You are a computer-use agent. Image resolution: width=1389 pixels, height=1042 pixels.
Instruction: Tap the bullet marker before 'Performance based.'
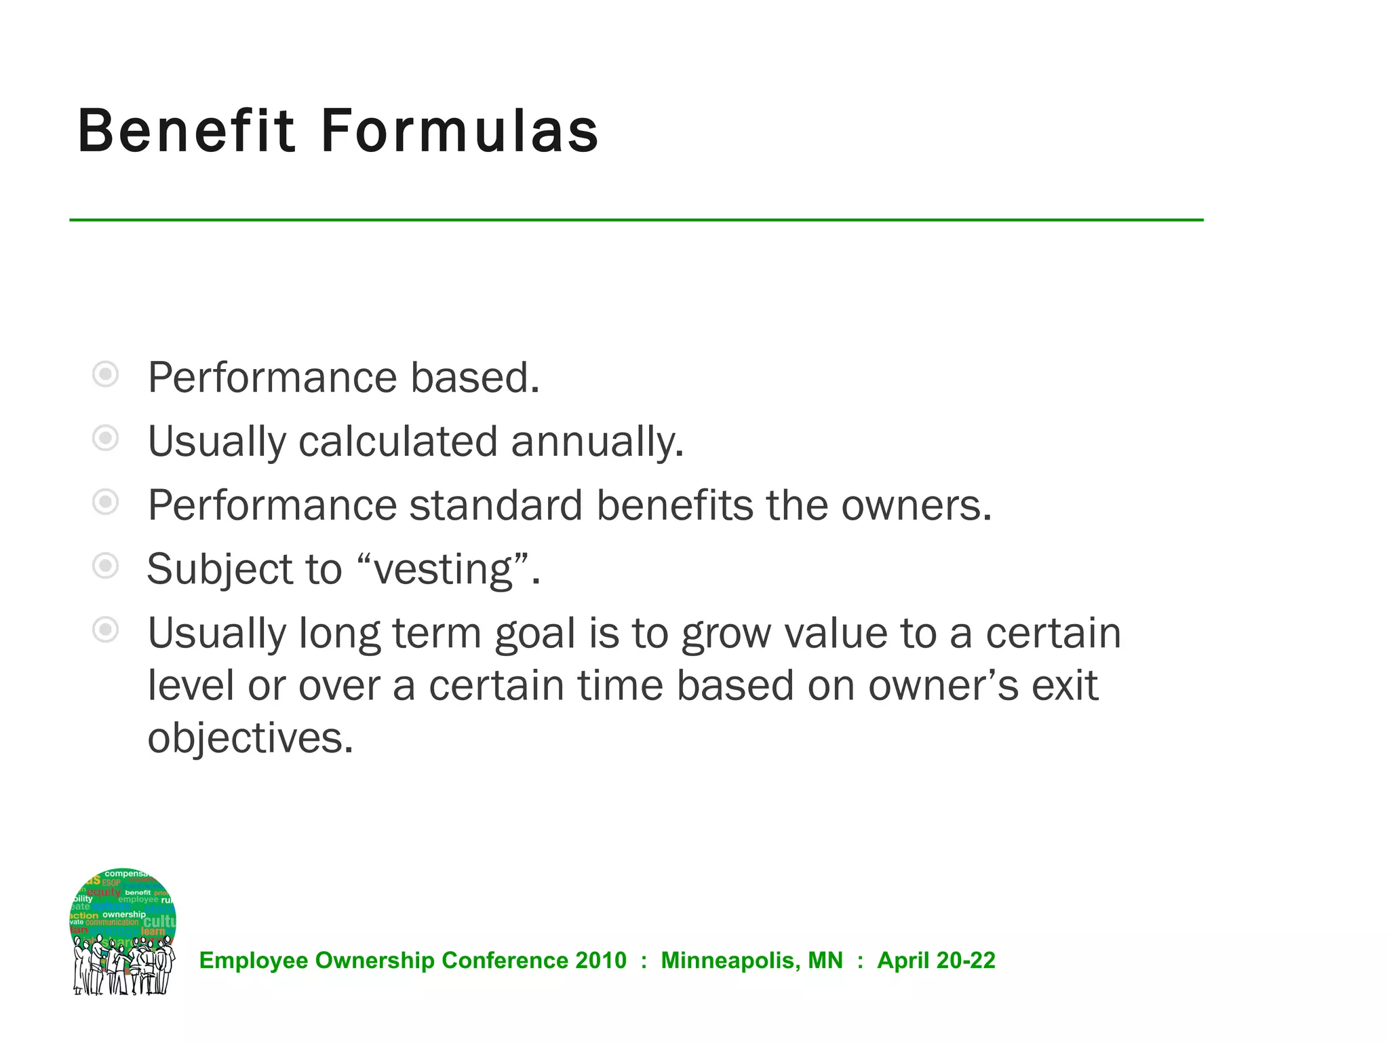[x=105, y=374]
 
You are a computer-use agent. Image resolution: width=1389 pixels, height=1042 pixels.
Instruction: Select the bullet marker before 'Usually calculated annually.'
[x=105, y=438]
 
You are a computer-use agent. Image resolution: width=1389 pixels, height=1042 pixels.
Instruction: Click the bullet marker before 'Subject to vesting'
[x=105, y=565]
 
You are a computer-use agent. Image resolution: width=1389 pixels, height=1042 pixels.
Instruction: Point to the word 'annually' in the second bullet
[x=597, y=442]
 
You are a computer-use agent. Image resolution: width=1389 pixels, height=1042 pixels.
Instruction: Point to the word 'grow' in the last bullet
[x=726, y=635]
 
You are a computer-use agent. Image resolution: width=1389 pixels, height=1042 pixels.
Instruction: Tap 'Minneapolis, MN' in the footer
[x=751, y=961]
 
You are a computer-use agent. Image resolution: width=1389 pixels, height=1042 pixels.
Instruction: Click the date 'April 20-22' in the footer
[x=936, y=961]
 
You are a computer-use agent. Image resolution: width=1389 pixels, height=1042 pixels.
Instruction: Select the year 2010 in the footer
[x=601, y=961]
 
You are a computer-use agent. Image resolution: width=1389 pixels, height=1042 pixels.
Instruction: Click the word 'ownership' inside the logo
[x=124, y=914]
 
